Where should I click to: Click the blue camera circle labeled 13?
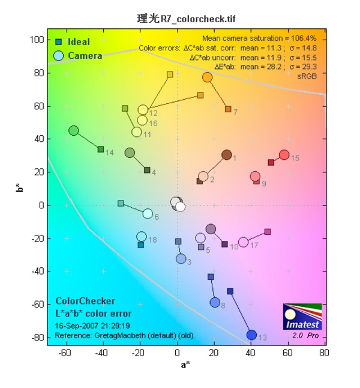pos(251,335)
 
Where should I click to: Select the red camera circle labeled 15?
pos(284,155)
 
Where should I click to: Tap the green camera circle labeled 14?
pos(74,130)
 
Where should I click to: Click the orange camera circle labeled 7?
pos(208,77)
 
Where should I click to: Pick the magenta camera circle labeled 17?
pos(244,242)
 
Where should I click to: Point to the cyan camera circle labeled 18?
pos(142,237)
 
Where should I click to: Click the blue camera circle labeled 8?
pos(215,302)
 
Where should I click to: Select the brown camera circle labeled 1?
pos(227,155)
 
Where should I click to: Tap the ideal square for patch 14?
pos(101,149)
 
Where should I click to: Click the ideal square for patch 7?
pos(228,109)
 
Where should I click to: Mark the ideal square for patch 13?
pos(230,291)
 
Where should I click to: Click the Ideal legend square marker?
pos(59,42)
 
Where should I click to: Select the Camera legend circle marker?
pos(59,56)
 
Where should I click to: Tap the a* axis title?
pos(186,365)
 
